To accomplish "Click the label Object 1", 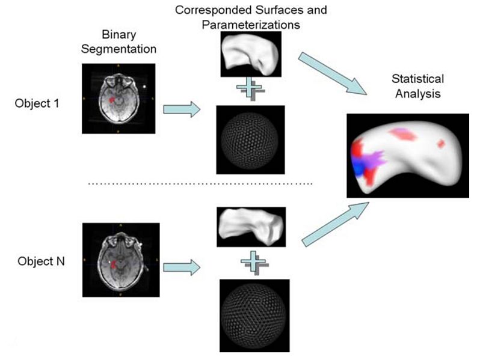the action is tap(37, 103).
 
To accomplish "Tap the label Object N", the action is tap(41, 261).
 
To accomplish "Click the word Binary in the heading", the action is tap(118, 35).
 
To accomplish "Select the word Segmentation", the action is tap(118, 49).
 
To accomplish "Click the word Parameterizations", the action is tap(251, 25).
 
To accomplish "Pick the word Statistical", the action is tap(417, 79).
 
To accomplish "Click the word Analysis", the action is tap(417, 93).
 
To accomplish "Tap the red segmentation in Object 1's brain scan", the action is tap(112, 99).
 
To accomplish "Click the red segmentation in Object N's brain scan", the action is tap(114, 264).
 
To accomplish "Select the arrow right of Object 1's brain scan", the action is tap(182, 109).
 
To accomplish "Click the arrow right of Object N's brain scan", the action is tap(182, 267).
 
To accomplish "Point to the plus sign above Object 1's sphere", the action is tap(250, 88).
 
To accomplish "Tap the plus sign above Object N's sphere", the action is tap(254, 263).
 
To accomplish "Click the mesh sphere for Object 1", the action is tap(250, 141).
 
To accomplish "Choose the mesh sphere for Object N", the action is tap(254, 316).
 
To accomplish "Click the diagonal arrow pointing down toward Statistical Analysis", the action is tap(332, 73).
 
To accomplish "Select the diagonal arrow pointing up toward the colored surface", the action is tap(335, 224).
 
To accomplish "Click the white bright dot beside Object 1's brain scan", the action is tap(144, 87).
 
